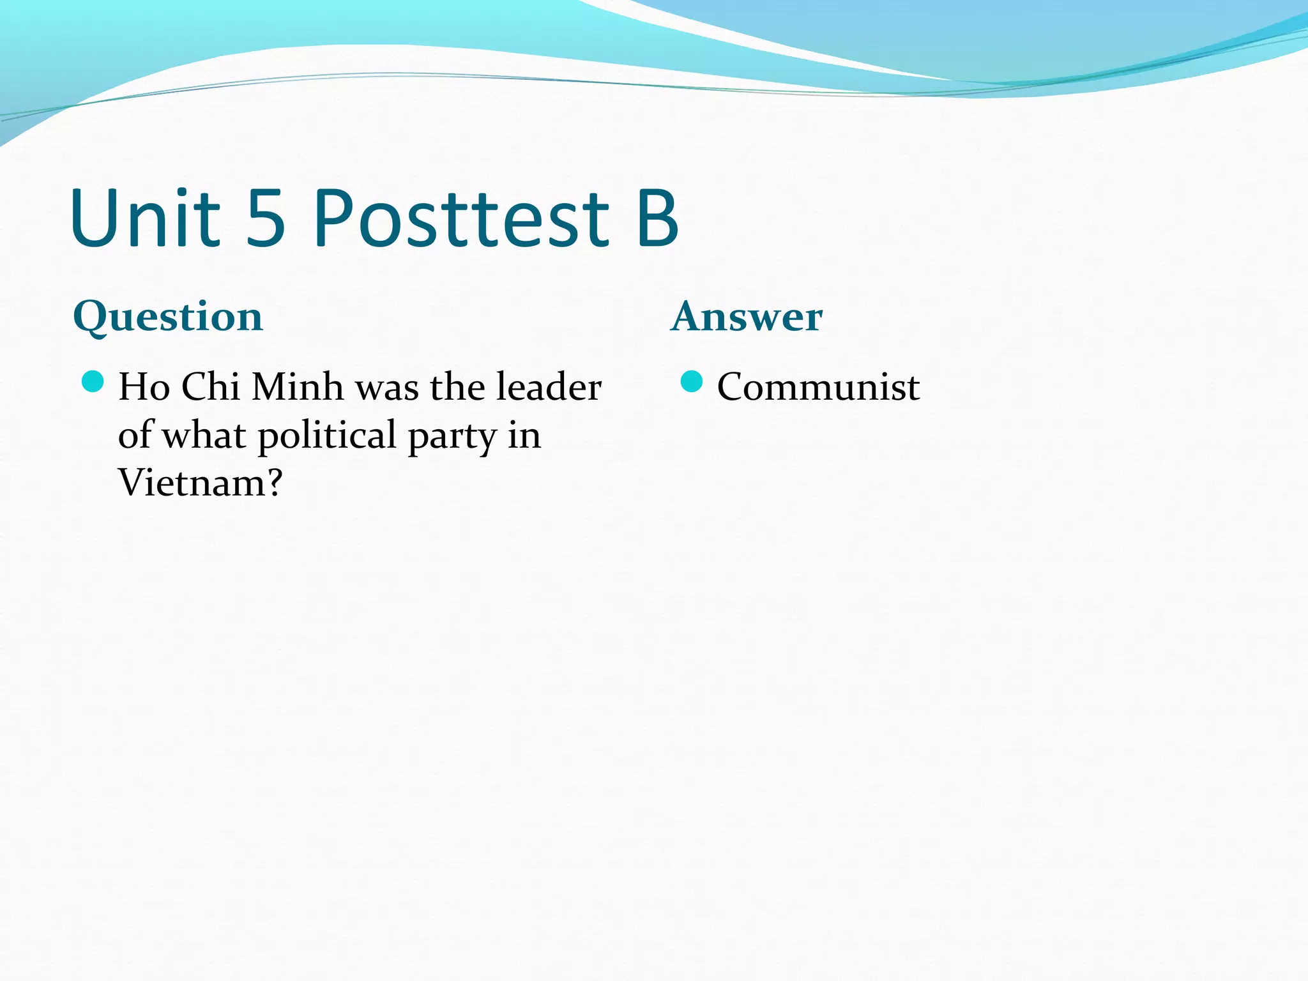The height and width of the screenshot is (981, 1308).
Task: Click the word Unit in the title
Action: pyautogui.click(x=146, y=218)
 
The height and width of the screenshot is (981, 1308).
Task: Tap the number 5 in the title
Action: pyautogui.click(x=265, y=218)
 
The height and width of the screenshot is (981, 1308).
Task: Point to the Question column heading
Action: pyautogui.click(x=168, y=317)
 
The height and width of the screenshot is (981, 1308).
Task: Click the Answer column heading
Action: pyautogui.click(x=747, y=317)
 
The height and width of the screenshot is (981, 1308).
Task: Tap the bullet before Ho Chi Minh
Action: pyautogui.click(x=93, y=382)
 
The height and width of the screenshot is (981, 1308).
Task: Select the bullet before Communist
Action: pyautogui.click(x=692, y=382)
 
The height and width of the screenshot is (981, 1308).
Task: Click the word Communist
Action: pyautogui.click(x=818, y=387)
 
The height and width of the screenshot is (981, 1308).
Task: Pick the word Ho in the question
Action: pyautogui.click(x=144, y=387)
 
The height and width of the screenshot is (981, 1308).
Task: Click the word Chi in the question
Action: pyautogui.click(x=210, y=387)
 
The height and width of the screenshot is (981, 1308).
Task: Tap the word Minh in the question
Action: pyautogui.click(x=298, y=387)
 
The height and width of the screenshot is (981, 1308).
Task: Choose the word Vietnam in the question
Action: pyautogui.click(x=190, y=483)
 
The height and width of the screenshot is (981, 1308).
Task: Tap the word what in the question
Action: pyautogui.click(x=204, y=436)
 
